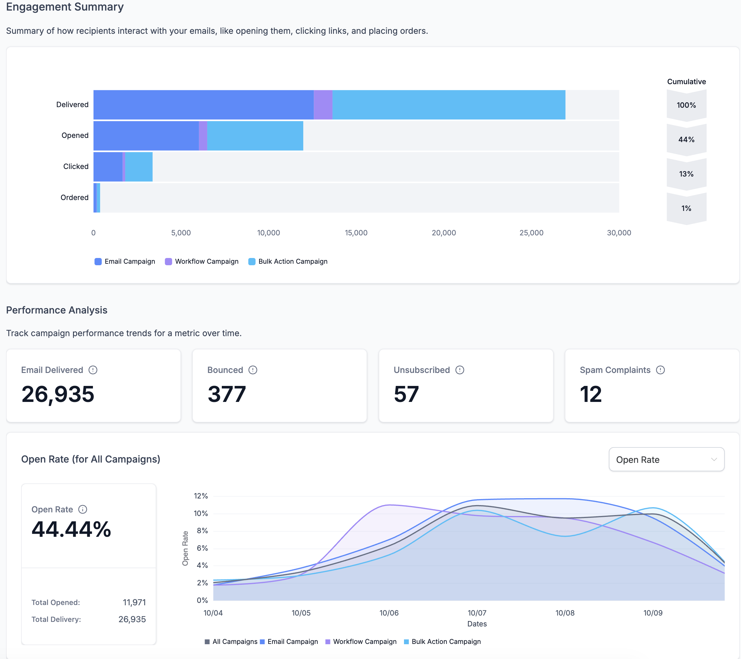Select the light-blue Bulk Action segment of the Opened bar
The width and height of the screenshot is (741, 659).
pos(255,135)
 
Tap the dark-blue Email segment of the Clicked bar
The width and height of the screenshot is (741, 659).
pos(108,167)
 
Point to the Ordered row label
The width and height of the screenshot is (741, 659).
pos(74,198)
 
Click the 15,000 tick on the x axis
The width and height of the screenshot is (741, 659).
pos(356,233)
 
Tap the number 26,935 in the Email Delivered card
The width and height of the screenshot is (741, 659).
pos(58,394)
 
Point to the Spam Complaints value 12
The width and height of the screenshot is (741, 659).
pos(590,394)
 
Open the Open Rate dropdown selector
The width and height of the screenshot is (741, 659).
pos(666,459)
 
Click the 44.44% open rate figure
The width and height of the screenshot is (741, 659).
pos(72,529)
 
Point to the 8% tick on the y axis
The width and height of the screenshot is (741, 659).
pos(202,531)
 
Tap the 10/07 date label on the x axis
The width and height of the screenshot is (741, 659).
pos(477,613)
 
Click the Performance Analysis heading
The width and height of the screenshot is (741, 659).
pos(57,310)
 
